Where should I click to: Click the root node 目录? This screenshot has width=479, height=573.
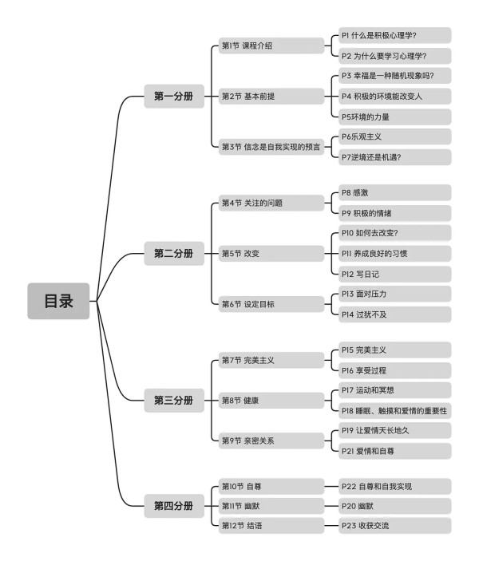click(x=58, y=301)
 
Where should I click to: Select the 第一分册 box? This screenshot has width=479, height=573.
click(x=174, y=96)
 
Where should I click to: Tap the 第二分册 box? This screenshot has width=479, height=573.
click(x=174, y=253)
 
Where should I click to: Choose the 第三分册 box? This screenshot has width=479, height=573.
click(x=174, y=400)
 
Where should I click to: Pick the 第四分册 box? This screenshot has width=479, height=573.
click(x=174, y=506)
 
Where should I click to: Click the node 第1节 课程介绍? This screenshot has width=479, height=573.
click(x=271, y=45)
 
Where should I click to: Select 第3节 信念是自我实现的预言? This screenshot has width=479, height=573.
click(x=271, y=147)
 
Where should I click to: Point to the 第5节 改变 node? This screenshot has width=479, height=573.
click(x=271, y=253)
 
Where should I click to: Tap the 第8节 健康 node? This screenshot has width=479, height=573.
click(x=271, y=401)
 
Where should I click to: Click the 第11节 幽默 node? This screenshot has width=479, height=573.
click(x=271, y=506)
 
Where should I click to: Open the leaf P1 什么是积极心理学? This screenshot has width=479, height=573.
click(x=395, y=35)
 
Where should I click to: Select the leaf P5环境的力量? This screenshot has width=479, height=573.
click(x=395, y=117)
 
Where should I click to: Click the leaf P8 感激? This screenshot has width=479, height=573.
click(x=395, y=192)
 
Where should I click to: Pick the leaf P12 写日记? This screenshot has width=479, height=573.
click(x=395, y=274)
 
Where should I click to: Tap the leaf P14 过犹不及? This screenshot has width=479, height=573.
click(x=395, y=314)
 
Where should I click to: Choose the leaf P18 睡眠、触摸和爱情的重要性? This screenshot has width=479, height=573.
click(x=395, y=411)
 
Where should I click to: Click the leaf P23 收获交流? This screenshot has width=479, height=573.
click(x=395, y=526)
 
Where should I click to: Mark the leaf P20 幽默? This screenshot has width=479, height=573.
click(x=395, y=506)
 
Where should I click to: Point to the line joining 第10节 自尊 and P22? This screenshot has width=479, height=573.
click(x=331, y=486)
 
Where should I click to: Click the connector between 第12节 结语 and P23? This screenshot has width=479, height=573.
click(x=331, y=526)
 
